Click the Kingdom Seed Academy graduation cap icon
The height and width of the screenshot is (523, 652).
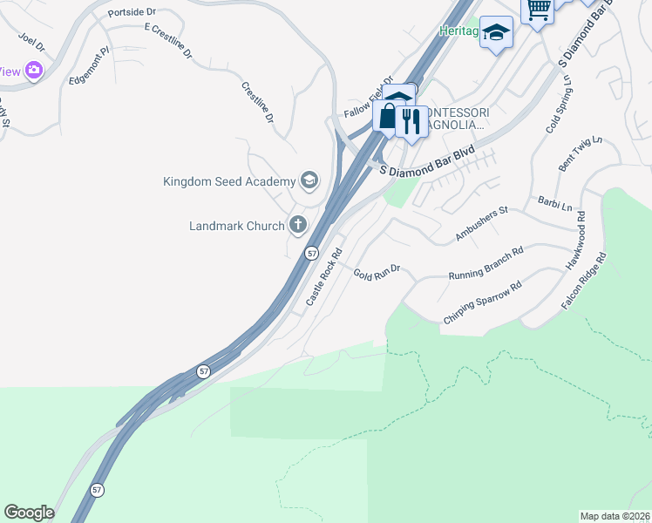[x=308, y=180]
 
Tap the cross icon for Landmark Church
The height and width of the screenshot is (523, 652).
[x=298, y=225]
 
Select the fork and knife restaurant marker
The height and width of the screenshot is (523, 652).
[x=410, y=120]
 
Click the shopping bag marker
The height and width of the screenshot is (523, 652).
[x=387, y=116]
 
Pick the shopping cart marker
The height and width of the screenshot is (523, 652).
[x=538, y=10]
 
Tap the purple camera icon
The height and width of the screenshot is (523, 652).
[x=34, y=71]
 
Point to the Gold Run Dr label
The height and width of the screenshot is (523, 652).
[x=376, y=273]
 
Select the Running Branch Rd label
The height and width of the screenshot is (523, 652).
[x=486, y=263]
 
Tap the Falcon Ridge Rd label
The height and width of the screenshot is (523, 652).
[x=583, y=282]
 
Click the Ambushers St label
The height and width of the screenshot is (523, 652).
[x=481, y=225]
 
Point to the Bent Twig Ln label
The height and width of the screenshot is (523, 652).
[x=581, y=153]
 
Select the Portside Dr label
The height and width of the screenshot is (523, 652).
[x=131, y=13]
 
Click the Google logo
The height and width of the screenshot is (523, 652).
[x=29, y=513]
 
